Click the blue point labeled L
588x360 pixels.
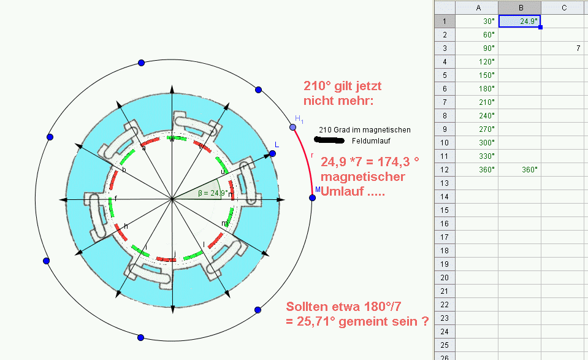point(273,153)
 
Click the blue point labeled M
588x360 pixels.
point(312,197)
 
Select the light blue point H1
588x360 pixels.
point(293,128)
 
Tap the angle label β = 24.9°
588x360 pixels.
point(213,193)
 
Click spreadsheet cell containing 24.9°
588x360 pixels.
point(519,21)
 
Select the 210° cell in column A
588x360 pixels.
point(476,102)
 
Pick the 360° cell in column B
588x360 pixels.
point(519,169)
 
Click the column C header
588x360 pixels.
point(564,7)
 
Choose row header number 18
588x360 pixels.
point(445,250)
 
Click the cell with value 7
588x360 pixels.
point(564,48)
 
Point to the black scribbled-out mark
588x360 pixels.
point(329,140)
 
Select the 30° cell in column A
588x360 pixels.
point(476,21)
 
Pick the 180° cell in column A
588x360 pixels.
point(476,88)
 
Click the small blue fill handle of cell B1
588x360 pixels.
point(540,27)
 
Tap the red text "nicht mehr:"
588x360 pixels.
point(338,101)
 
